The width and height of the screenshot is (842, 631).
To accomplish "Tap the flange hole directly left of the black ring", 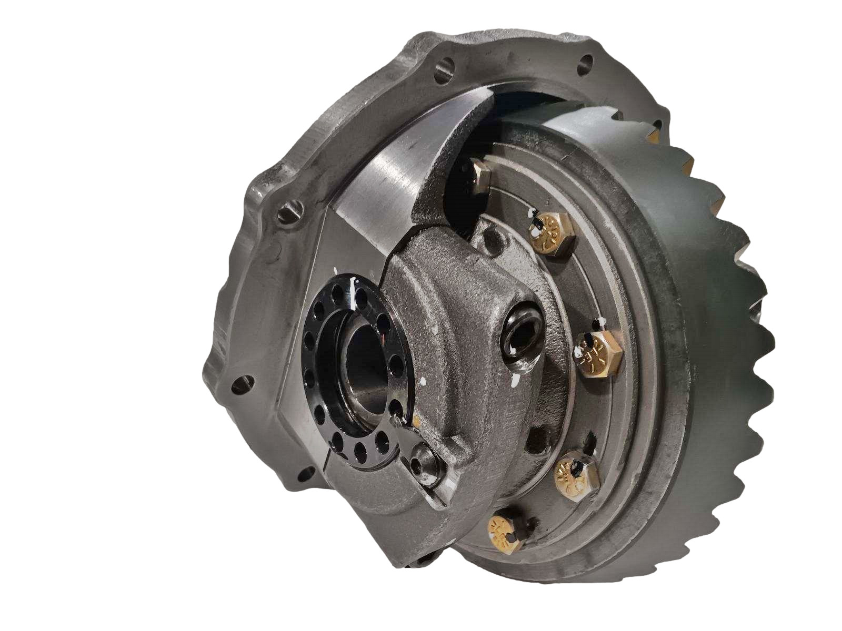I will tap(244, 385).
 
